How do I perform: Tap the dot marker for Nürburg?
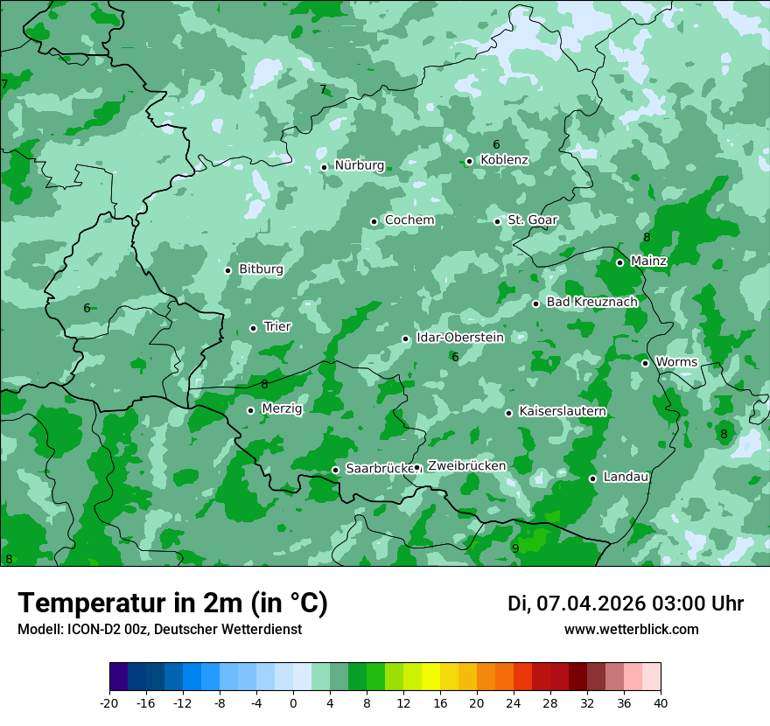pyautogui.click(x=324, y=167)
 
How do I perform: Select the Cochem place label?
pyautogui.click(x=409, y=220)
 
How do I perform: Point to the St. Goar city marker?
pyautogui.click(x=497, y=221)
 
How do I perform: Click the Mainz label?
pyautogui.click(x=648, y=261)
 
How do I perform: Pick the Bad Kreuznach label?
pyautogui.click(x=591, y=302)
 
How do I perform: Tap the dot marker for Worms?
pyautogui.click(x=645, y=363)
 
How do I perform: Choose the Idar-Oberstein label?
pyautogui.click(x=460, y=337)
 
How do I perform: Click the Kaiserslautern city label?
pyautogui.click(x=563, y=411)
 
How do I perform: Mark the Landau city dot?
pyautogui.click(x=592, y=478)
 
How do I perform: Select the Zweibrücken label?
pyautogui.click(x=466, y=466)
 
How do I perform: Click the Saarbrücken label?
pyautogui.click(x=379, y=469)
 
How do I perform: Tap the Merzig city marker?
pyautogui.click(x=250, y=410)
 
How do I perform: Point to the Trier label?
pyautogui.click(x=277, y=326)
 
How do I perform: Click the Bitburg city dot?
pyautogui.click(x=227, y=270)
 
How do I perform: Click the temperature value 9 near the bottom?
pyautogui.click(x=515, y=548)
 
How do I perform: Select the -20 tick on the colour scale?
pyautogui.click(x=109, y=702)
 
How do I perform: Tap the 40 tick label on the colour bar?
pyautogui.click(x=660, y=702)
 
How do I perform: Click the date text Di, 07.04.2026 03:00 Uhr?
pyautogui.click(x=625, y=604)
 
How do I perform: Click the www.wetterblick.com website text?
pyautogui.click(x=631, y=630)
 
